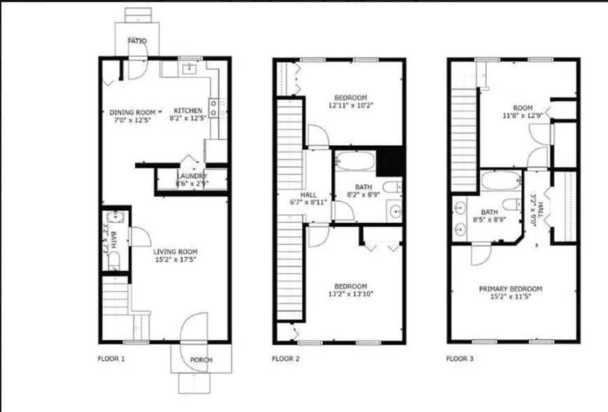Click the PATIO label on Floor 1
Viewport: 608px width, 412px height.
137,41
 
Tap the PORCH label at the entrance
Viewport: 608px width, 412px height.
201,360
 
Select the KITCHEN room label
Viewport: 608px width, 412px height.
188,111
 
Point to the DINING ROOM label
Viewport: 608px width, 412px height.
132,111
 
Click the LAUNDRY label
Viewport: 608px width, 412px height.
191,176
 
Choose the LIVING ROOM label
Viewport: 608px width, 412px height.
175,252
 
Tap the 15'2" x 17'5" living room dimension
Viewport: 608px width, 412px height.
175,260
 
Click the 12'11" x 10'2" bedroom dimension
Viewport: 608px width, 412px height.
350,106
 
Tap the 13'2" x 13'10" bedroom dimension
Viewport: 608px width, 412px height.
350,294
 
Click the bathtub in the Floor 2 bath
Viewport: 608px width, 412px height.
355,163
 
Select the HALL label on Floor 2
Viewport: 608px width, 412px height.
308,195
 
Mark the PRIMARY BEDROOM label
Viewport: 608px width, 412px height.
510,289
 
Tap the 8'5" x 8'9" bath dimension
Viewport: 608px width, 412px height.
489,220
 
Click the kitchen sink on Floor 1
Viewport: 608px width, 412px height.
189,68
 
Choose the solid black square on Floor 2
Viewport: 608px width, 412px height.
390,160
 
